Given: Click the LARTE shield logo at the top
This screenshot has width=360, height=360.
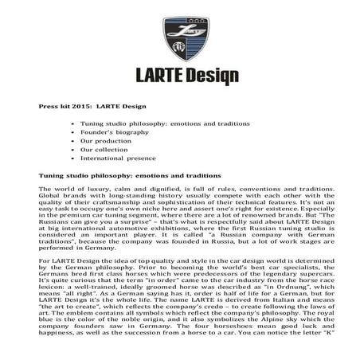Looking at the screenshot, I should click(180, 33).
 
